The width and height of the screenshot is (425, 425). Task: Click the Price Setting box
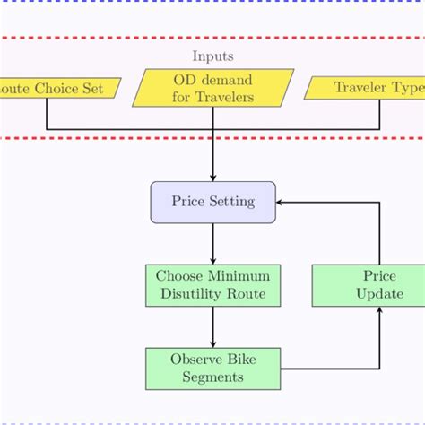click(212, 202)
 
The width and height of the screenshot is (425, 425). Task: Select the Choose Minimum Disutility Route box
click(212, 285)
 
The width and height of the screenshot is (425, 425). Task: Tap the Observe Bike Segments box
click(212, 369)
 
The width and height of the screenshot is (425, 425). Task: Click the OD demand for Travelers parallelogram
click(212, 88)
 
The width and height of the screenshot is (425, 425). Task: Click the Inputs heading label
click(212, 57)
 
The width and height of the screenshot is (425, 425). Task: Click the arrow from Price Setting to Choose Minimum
click(212, 243)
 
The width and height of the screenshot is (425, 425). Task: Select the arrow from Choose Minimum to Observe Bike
click(212, 327)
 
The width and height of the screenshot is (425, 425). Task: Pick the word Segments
click(212, 377)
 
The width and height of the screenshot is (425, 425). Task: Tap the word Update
click(379, 293)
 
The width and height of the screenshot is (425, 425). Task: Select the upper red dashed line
click(212, 39)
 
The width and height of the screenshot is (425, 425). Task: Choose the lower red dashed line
click(212, 138)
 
